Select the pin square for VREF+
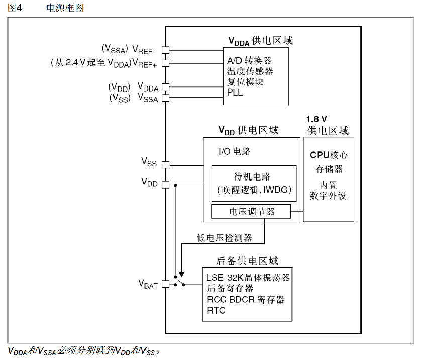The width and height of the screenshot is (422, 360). click(x=166, y=63)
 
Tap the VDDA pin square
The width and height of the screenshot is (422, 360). click(x=166, y=87)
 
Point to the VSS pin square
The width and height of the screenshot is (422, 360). click(x=166, y=164)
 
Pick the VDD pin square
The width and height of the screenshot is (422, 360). click(x=166, y=184)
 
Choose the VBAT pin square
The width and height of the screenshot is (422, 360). click(x=166, y=284)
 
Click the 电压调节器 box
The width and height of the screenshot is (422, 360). click(x=251, y=212)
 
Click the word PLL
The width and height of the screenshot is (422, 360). click(x=235, y=93)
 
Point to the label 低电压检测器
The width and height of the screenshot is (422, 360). click(x=224, y=237)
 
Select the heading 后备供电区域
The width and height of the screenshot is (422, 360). click(x=247, y=261)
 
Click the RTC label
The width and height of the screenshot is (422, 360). click(x=216, y=310)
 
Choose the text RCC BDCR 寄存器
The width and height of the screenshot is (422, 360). click(x=246, y=300)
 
